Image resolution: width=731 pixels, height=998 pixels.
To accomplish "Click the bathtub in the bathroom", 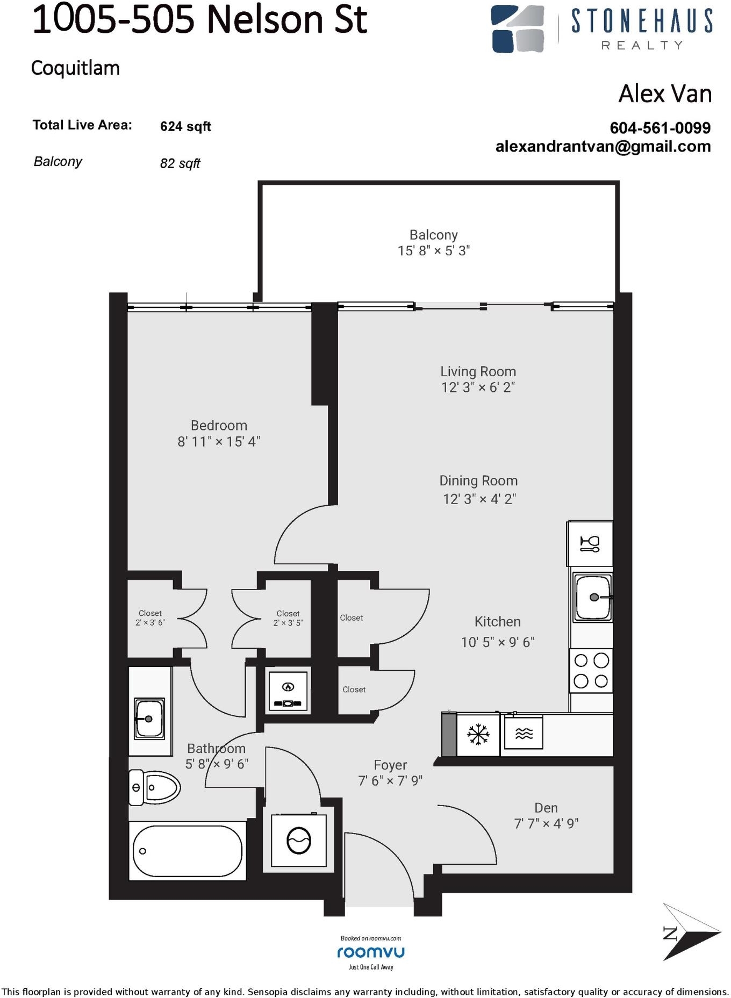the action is coord(187,851).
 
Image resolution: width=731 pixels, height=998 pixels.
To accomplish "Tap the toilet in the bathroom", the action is coord(154,787).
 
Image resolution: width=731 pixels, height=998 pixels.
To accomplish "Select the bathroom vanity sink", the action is coord(149,718).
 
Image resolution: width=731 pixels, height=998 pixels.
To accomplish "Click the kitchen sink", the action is coord(592,597).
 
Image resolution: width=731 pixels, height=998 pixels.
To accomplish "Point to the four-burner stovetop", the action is coord(591,670).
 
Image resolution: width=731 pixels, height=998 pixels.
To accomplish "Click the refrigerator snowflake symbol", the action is coord(477,734).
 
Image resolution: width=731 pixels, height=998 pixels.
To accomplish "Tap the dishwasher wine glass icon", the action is coord(590,544).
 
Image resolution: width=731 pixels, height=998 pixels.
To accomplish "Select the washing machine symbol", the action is coord(299,841).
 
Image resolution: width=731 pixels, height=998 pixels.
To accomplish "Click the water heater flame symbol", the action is coord(288,686).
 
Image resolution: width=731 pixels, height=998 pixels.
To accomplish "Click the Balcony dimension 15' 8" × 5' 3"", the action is coord(434,250).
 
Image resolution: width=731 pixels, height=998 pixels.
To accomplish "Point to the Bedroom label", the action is coord(219,425).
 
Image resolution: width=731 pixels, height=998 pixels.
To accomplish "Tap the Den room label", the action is coord(546,808).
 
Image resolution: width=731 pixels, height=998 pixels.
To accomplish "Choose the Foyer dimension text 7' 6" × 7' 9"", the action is coord(390,780).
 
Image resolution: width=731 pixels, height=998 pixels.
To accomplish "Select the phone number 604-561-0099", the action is coord(660,128).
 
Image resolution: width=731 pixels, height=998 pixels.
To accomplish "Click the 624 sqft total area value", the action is coord(185,127).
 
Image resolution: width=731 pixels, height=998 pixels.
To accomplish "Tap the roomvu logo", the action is coord(371,952).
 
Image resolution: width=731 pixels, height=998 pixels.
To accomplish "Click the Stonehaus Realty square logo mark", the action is coord(518,29).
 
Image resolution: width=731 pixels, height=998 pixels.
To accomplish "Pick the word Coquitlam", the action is coord(75,68).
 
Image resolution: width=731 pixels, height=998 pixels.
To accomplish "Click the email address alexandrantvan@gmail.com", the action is coord(603,147).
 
